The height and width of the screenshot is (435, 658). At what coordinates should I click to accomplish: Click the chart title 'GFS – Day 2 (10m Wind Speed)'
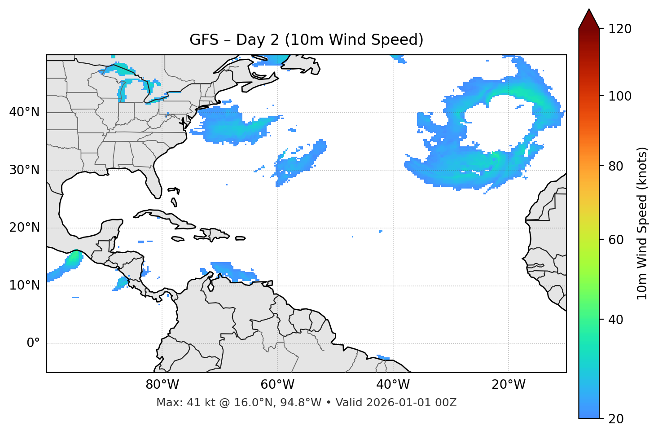(306, 40)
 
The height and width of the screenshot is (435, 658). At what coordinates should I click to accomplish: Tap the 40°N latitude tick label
(24, 112)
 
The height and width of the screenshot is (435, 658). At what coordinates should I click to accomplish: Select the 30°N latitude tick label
(24, 170)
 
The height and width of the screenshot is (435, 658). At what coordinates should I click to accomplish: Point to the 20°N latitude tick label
(24, 228)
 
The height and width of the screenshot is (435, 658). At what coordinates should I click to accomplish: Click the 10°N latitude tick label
(24, 286)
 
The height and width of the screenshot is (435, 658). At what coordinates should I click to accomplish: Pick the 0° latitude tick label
(33, 343)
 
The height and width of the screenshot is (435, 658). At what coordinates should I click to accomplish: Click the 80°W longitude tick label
(162, 385)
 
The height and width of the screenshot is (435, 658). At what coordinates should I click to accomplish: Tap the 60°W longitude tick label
(277, 385)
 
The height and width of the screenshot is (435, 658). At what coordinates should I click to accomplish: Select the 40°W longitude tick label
(393, 385)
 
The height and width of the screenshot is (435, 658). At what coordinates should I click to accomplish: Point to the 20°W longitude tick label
(509, 385)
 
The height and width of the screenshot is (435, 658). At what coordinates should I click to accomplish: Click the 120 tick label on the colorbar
(620, 29)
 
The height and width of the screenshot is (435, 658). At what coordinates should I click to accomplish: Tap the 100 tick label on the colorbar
(620, 96)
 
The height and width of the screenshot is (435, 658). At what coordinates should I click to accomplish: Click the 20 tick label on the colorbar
(616, 419)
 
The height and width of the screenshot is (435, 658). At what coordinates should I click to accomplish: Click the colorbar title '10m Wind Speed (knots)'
(642, 223)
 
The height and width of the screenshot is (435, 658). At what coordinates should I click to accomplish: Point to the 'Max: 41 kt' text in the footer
(179, 403)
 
